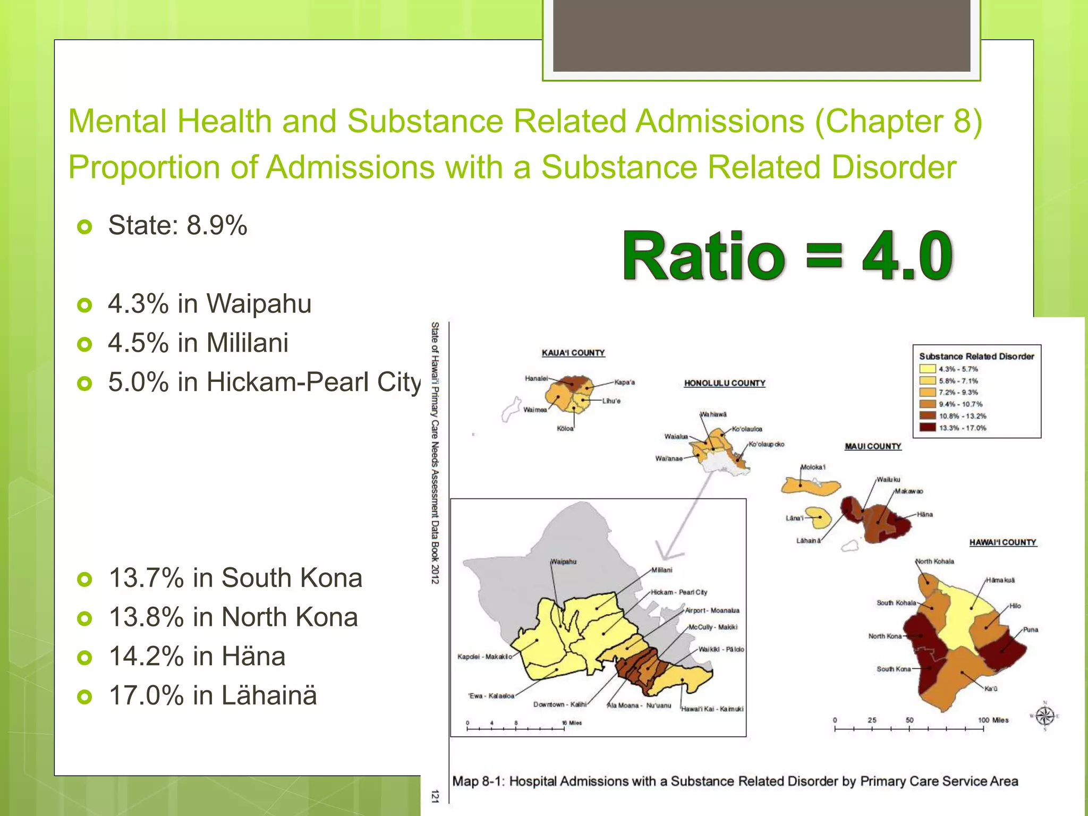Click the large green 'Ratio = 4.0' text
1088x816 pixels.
[x=787, y=257]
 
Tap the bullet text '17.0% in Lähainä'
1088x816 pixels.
[x=212, y=695]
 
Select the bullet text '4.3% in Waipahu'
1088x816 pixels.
[x=209, y=304]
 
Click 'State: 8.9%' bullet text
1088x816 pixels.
[x=177, y=225]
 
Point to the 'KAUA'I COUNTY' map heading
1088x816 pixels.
[x=573, y=353]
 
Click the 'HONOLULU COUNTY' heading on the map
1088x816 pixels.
[x=724, y=383]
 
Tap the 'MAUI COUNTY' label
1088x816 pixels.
[x=873, y=446]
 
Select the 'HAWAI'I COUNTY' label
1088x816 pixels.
[x=1002, y=542]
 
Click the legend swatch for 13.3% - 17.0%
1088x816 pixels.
[x=927, y=428]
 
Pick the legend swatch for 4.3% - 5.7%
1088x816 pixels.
[x=927, y=369]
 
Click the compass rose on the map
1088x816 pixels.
[x=1044, y=716]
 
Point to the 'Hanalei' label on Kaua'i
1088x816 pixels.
[x=535, y=378]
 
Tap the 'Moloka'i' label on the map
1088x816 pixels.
[x=813, y=467]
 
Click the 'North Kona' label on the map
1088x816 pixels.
[x=885, y=636]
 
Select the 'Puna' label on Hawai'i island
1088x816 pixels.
[x=1030, y=630]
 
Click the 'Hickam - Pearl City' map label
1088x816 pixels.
[x=678, y=592]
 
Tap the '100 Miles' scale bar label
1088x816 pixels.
[x=992, y=720]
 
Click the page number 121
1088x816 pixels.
[x=435, y=796]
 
